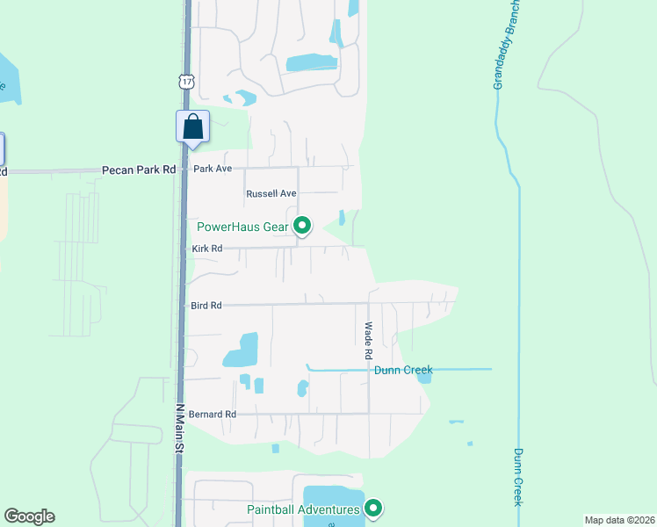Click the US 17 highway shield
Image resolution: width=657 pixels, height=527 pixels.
click(185, 81)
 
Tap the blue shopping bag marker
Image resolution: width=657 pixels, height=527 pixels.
click(193, 126)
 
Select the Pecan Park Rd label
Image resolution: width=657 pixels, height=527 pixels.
click(139, 170)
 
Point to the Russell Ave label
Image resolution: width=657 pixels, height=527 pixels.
click(271, 193)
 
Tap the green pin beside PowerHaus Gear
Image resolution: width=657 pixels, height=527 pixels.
click(302, 227)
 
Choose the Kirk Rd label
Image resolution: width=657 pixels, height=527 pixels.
click(208, 249)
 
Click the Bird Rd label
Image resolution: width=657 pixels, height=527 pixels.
click(206, 306)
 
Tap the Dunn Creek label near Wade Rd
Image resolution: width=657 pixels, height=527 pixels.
click(403, 370)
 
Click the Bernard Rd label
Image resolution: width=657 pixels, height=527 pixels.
click(213, 414)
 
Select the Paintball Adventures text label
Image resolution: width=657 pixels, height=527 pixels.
click(303, 509)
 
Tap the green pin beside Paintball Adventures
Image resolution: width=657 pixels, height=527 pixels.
click(373, 508)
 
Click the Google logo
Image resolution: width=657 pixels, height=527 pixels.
click(29, 516)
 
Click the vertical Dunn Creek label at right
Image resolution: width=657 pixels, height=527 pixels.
click(518, 477)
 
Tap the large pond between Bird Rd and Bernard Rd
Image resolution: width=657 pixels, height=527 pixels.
click(242, 350)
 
